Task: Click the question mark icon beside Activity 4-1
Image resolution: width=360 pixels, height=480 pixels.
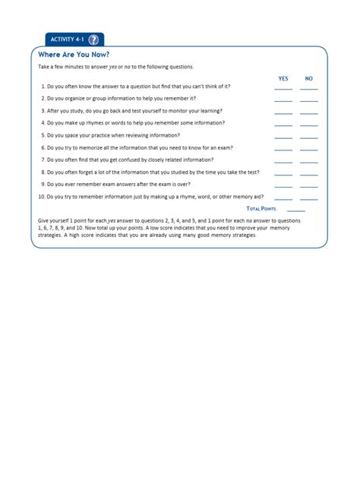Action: pos(93,39)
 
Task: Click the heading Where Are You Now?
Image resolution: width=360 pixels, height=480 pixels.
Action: pos(74,55)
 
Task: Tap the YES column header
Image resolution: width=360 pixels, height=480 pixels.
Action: pos(283,78)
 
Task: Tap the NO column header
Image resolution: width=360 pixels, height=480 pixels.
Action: pos(309,78)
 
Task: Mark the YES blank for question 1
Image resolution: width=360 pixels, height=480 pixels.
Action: pos(283,88)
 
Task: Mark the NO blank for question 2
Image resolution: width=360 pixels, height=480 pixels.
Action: pos(309,100)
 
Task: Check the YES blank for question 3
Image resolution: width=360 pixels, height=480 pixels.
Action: pos(283,112)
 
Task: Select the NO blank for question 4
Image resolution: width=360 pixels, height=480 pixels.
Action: pos(309,125)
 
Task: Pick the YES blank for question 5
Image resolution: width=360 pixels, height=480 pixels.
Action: pos(283,137)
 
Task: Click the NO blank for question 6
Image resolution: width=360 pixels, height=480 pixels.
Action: pos(309,149)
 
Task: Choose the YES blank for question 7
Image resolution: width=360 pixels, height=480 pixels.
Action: pos(283,161)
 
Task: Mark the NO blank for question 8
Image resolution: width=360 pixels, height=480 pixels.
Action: pos(309,174)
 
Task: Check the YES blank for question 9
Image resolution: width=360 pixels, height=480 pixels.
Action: pos(283,186)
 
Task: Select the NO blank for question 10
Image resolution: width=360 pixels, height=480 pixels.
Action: pos(309,198)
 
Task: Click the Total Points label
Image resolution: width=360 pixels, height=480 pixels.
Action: pos(261,208)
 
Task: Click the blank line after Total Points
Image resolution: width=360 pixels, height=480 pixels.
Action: pos(296,210)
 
